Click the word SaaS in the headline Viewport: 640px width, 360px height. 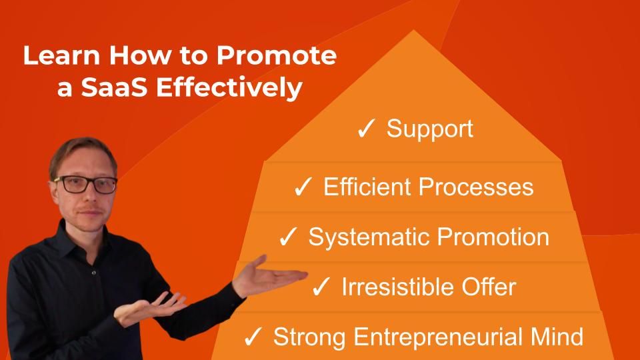[x=114, y=87]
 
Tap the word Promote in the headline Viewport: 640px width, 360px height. [x=276, y=55]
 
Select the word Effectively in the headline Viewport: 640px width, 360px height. [x=229, y=88]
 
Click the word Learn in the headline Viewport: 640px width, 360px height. [x=61, y=55]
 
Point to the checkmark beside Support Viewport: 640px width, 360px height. [x=366, y=129]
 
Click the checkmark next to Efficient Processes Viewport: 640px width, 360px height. [x=303, y=187]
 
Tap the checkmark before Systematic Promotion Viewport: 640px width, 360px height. [x=288, y=237]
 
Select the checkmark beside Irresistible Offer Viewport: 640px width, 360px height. [x=321, y=286]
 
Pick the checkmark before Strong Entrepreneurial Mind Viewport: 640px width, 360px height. [x=253, y=337]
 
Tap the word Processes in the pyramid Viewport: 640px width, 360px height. [x=476, y=187]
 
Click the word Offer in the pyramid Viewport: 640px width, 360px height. [x=489, y=287]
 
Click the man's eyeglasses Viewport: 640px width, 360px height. [x=86, y=185]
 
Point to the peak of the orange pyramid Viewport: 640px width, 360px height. [x=413, y=30]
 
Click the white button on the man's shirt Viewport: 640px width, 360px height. [x=94, y=273]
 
